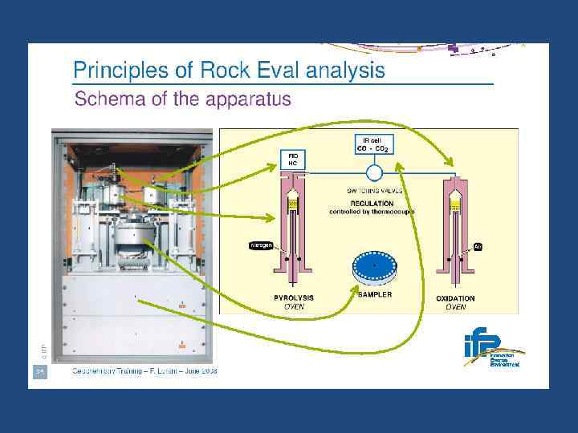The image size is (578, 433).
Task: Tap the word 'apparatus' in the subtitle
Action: [x=248, y=100]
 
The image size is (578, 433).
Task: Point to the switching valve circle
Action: [x=372, y=172]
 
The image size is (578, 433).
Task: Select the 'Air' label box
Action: [x=477, y=247]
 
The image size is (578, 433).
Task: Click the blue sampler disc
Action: [x=375, y=267]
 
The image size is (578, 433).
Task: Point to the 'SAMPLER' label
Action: [x=375, y=295]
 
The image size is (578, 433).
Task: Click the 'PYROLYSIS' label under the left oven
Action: [x=294, y=298]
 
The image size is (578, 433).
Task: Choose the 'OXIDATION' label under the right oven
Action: [x=455, y=298]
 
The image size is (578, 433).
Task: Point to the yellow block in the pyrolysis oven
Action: [x=293, y=206]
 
